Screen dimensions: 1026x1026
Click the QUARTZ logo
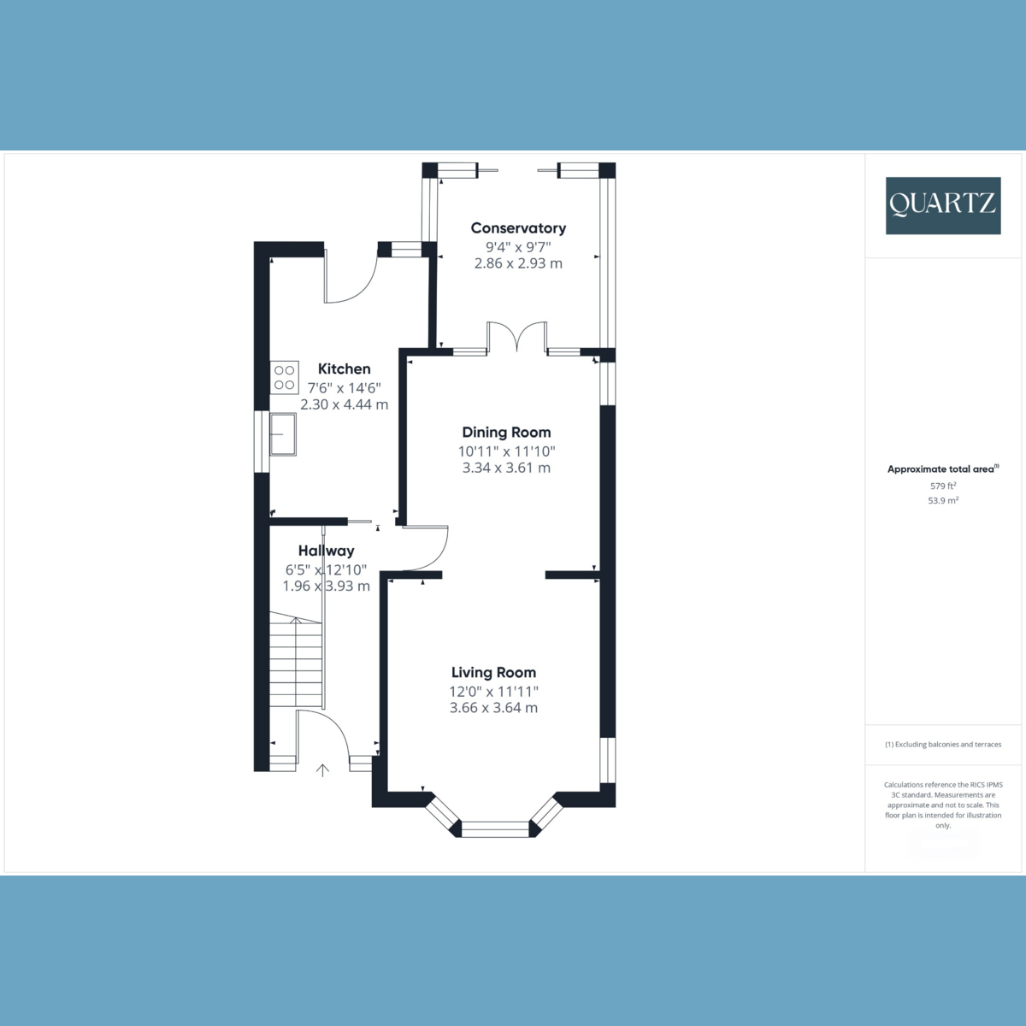click(942, 205)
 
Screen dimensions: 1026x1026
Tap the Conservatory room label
click(518, 228)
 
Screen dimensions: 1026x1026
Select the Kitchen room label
click(344, 369)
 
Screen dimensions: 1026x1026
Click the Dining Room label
click(506, 433)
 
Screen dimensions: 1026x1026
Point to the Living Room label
click(493, 673)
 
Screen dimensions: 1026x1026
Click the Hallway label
click(326, 551)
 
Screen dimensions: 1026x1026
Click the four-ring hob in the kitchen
click(284, 378)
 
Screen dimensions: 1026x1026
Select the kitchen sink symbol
click(282, 434)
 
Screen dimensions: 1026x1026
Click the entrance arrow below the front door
click(322, 771)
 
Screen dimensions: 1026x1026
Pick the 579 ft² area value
click(942, 486)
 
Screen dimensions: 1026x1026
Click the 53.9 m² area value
click(942, 501)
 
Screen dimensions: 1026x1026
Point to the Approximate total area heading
click(942, 469)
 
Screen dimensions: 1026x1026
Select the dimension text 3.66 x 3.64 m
click(493, 708)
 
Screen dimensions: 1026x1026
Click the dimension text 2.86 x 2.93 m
click(518, 263)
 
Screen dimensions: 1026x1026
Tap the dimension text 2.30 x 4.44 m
click(344, 404)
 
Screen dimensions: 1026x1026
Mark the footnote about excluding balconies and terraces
click(942, 745)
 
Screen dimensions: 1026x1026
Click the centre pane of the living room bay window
click(495, 828)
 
